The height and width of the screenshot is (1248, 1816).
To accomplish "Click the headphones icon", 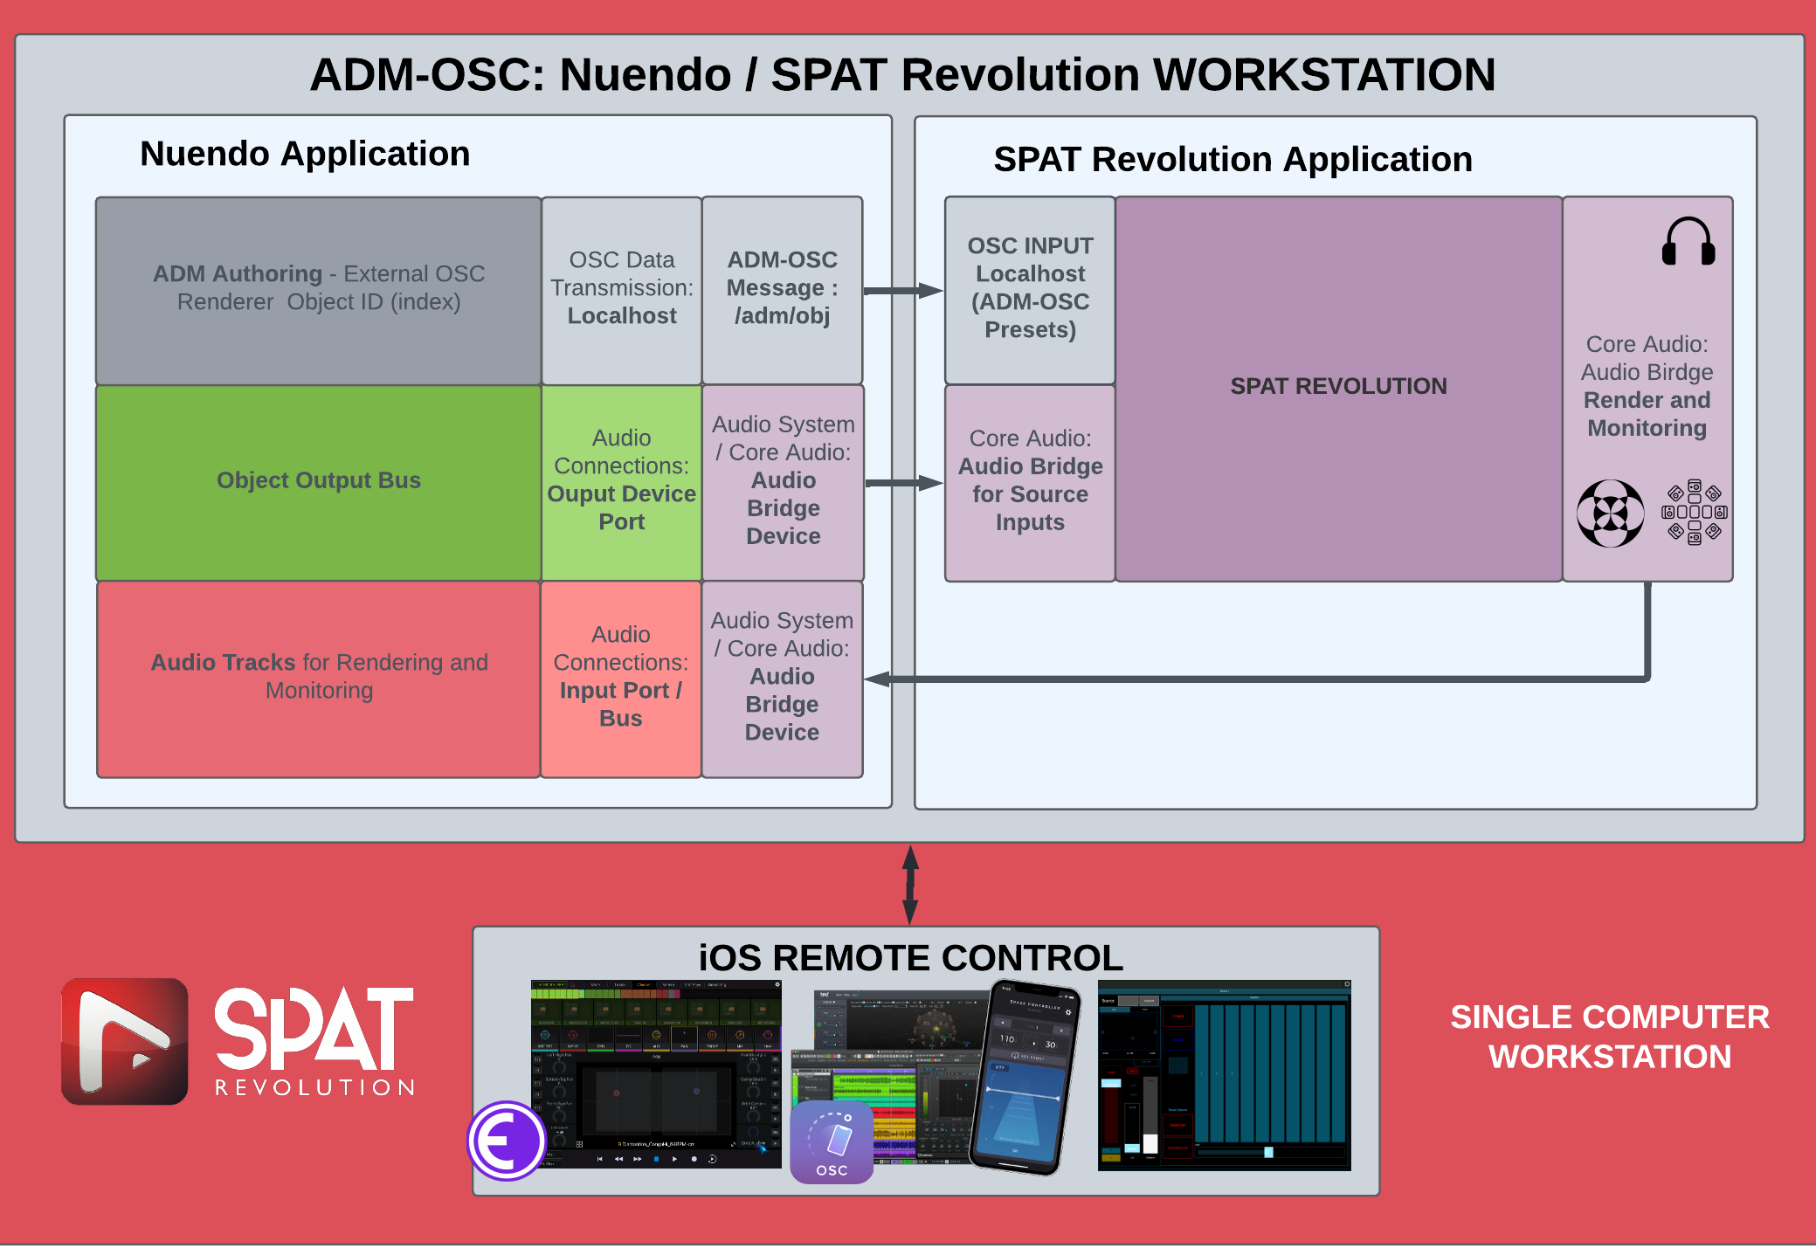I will pyautogui.click(x=1688, y=241).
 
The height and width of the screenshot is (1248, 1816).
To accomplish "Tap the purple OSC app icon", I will pyautogui.click(x=832, y=1141).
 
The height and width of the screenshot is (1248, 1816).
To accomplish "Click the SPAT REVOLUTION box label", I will pyautogui.click(x=1338, y=386).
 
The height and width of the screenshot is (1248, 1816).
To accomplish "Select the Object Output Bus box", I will pyautogui.click(x=319, y=481).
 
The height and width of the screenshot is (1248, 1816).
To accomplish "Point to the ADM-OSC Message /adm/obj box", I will pyautogui.click(x=783, y=288).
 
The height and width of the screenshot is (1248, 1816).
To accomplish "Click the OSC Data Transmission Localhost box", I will pyautogui.click(x=622, y=288).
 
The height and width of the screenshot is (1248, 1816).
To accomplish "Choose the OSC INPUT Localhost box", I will pyautogui.click(x=1030, y=288).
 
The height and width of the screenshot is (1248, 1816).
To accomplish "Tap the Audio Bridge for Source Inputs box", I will pyautogui.click(x=1030, y=481).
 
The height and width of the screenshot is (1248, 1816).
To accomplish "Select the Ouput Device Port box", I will pyautogui.click(x=622, y=481).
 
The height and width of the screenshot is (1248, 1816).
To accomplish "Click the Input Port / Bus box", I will pyautogui.click(x=621, y=678).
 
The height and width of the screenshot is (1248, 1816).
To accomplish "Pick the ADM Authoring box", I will pyautogui.click(x=319, y=288).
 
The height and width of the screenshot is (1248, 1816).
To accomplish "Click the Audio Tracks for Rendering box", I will pyautogui.click(x=319, y=678).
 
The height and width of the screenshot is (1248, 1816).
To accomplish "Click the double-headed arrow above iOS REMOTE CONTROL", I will pyautogui.click(x=910, y=884).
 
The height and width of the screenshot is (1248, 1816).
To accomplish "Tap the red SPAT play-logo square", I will pyautogui.click(x=125, y=1041).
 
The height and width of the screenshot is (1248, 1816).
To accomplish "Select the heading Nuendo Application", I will pyautogui.click(x=305, y=155).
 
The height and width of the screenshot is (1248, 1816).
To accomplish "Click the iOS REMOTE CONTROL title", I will pyautogui.click(x=910, y=958).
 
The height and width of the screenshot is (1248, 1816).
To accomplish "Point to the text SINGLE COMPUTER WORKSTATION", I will pyautogui.click(x=1609, y=1037).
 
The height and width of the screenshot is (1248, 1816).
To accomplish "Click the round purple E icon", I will pyautogui.click(x=507, y=1141).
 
